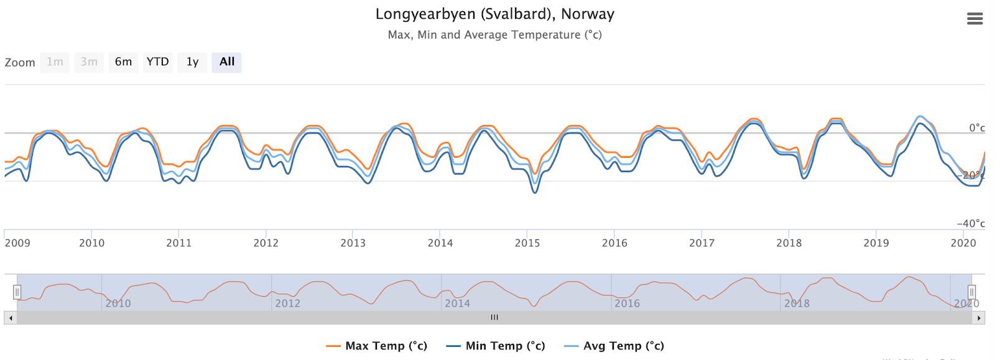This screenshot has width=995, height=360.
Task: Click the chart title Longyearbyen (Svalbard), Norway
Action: click(494, 14)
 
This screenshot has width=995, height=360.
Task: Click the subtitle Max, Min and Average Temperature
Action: click(494, 35)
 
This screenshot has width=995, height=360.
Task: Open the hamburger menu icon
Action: click(974, 19)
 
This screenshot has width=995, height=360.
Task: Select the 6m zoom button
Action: click(123, 62)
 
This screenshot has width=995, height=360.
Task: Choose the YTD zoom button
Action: click(157, 62)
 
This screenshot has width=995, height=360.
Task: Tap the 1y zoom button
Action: click(192, 62)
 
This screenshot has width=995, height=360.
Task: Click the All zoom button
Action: click(226, 62)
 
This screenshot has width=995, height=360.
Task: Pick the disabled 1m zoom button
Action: click(55, 62)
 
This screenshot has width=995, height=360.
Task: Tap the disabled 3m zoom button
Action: click(89, 62)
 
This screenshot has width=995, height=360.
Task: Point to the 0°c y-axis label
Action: click(976, 128)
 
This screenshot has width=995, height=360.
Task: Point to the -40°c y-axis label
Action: click(971, 223)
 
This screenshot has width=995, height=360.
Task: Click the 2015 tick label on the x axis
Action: click(527, 243)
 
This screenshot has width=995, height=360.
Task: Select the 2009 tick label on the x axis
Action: click(17, 243)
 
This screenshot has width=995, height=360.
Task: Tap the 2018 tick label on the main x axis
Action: click(789, 243)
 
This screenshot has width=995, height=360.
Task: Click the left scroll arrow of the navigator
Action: click(11, 318)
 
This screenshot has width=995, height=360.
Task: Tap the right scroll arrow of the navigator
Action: click(979, 318)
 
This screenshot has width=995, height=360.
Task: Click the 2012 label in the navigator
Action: click(287, 303)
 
